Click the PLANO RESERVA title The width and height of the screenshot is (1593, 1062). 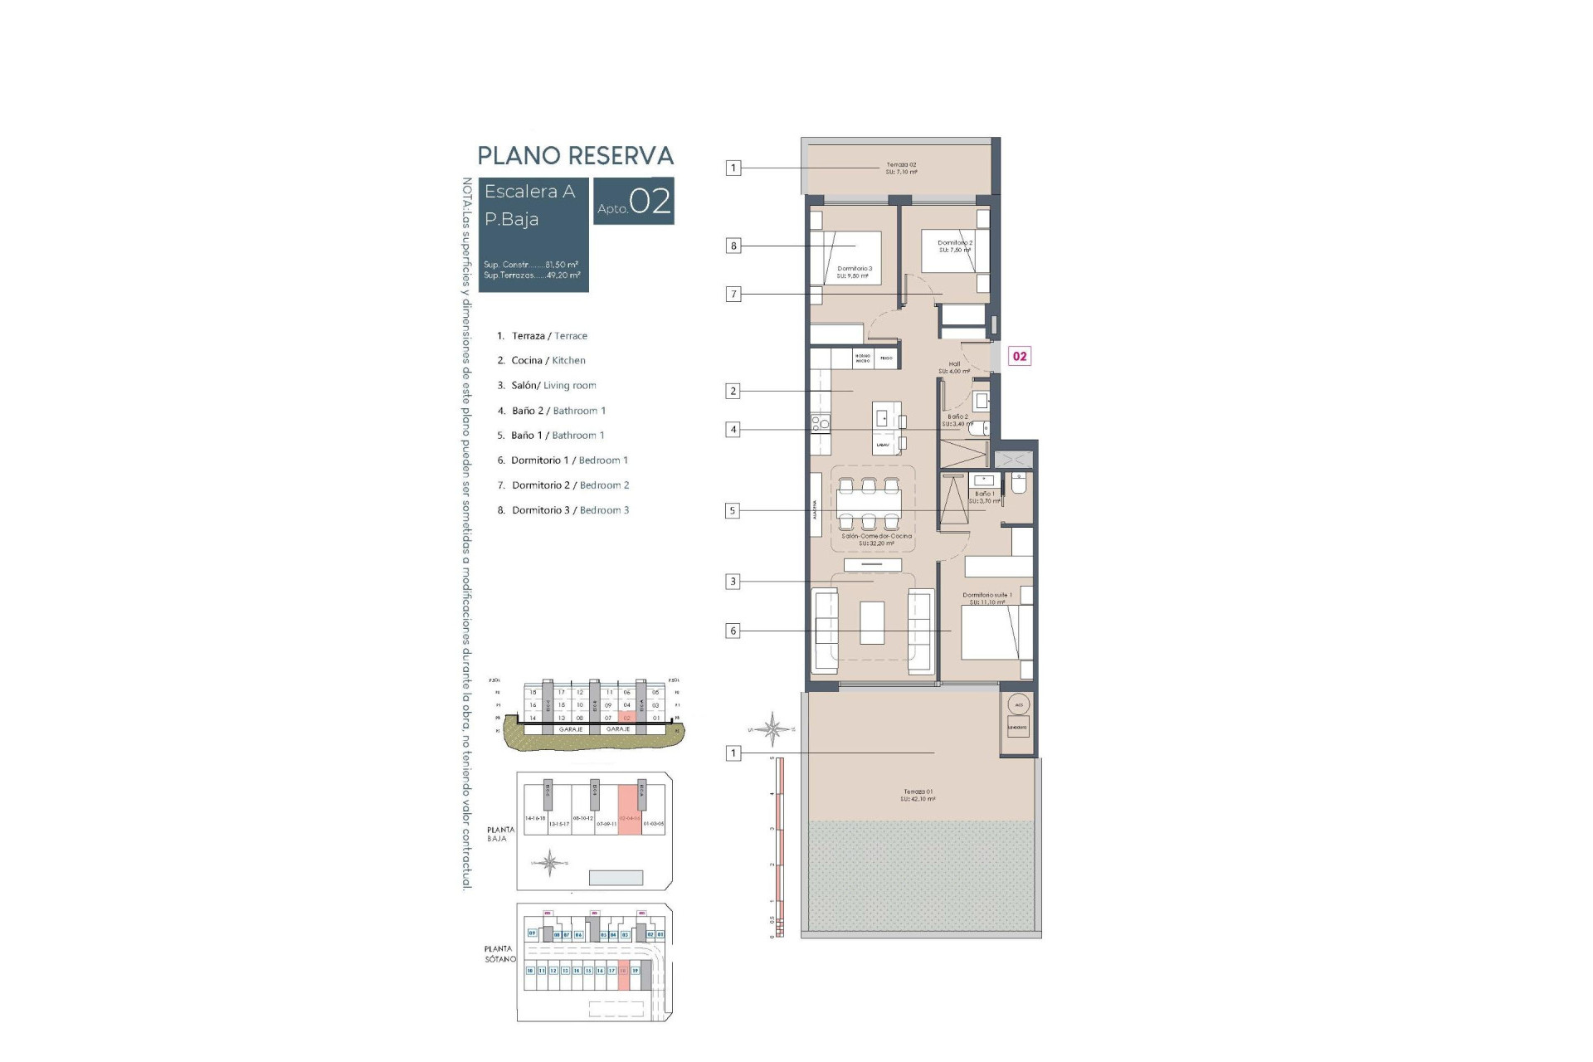575,156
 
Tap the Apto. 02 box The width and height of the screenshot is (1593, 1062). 634,202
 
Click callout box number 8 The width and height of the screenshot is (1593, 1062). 733,246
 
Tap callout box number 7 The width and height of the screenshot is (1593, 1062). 733,294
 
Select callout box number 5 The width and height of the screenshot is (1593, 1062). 733,511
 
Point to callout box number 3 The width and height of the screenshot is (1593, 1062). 733,582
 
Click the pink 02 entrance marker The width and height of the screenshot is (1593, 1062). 1020,356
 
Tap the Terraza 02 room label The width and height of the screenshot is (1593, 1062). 901,168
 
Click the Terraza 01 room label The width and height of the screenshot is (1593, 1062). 918,795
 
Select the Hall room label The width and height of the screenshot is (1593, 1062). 954,368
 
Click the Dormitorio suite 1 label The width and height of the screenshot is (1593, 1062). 987,598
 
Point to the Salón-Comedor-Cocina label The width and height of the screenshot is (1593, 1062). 876,539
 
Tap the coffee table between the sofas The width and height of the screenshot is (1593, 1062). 872,622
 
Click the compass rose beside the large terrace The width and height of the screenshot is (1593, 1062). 772,729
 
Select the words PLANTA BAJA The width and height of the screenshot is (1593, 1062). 500,834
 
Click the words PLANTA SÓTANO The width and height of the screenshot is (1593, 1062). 499,953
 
